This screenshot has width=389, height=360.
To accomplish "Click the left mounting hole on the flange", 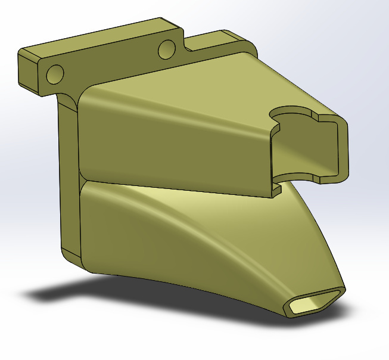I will click(x=55, y=74).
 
